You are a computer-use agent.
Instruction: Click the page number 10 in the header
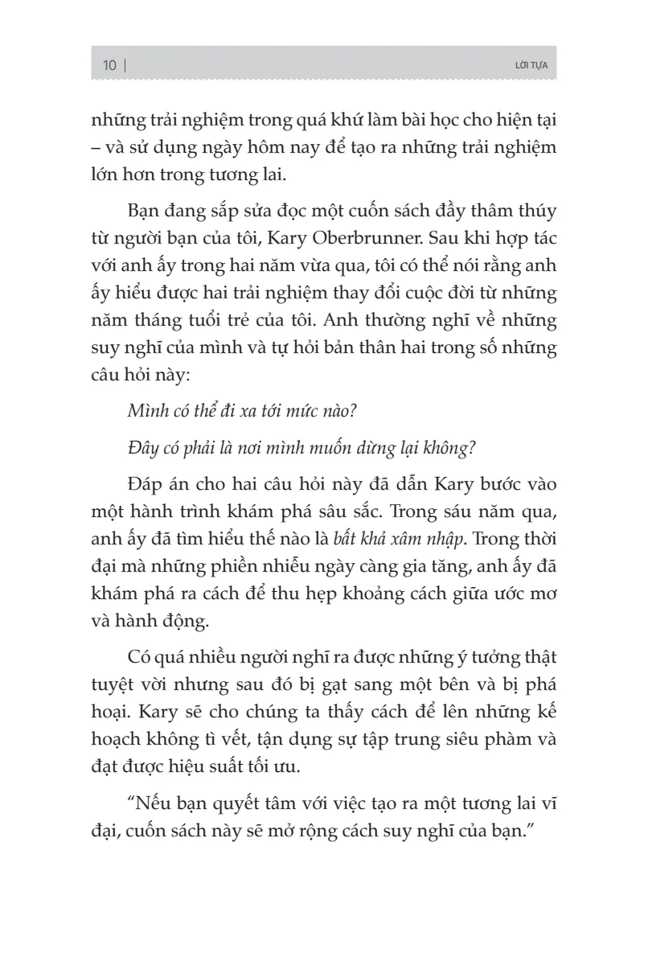click(x=110, y=65)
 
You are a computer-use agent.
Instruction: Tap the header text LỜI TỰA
click(x=530, y=66)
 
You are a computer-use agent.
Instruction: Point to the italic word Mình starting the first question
click(x=146, y=410)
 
